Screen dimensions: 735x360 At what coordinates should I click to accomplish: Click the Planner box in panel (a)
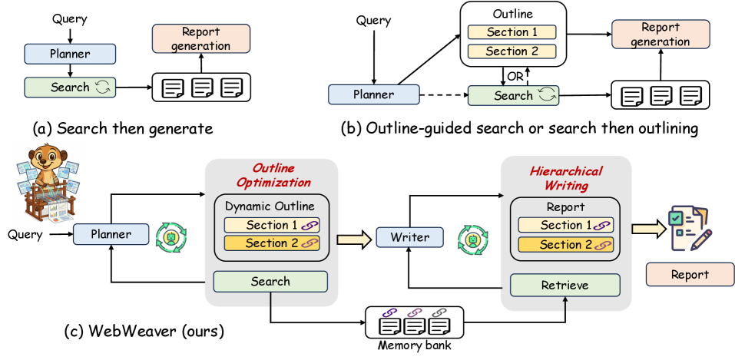tap(70, 54)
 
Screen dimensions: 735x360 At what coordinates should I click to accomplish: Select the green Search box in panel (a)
tap(70, 88)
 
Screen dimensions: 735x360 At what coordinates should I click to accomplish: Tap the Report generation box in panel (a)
tap(201, 38)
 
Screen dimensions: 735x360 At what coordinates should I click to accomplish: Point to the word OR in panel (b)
tap(515, 77)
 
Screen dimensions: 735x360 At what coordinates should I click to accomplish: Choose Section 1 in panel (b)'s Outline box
tap(512, 32)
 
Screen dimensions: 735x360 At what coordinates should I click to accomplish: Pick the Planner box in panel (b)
tap(373, 95)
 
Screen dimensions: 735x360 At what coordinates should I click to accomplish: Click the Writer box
tap(409, 237)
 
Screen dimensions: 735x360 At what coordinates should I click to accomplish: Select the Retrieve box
tap(564, 285)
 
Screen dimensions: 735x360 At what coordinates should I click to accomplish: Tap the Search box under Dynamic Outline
tap(270, 282)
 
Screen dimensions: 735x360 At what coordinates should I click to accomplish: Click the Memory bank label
tap(414, 346)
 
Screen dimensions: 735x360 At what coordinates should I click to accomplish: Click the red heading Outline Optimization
tap(273, 175)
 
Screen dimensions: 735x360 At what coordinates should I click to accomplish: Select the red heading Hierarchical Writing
tap(566, 178)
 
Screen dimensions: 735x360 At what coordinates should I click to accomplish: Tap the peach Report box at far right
tap(690, 275)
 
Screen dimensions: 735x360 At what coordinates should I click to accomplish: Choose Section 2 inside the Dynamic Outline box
tap(272, 243)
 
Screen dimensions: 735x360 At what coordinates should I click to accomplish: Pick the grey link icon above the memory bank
tap(439, 312)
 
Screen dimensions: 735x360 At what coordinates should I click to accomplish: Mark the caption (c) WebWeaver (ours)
tap(144, 332)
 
